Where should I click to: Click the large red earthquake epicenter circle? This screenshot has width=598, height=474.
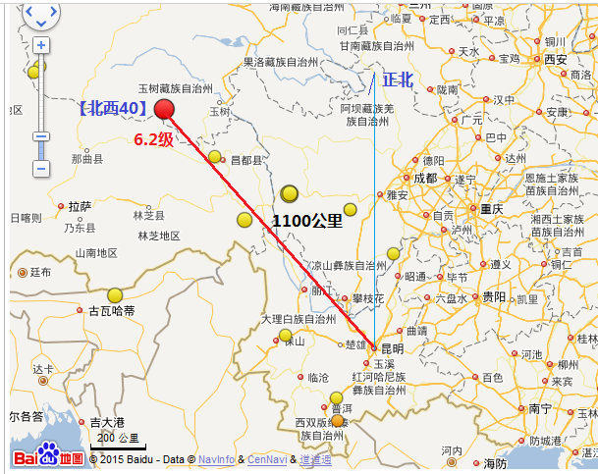tap(164, 109)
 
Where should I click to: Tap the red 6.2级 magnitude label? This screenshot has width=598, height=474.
tap(153, 140)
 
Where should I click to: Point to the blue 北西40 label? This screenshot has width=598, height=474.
tap(114, 108)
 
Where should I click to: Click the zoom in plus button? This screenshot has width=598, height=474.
tap(41, 45)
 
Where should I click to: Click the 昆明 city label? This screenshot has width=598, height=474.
tap(390, 348)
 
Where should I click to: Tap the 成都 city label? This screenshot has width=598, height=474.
tap(425, 179)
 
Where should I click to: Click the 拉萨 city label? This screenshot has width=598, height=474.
tap(81, 206)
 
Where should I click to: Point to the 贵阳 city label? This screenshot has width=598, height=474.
tap(494, 296)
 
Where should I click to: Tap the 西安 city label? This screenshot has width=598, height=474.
tap(555, 60)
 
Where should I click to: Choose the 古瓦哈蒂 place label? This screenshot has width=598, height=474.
tap(111, 311)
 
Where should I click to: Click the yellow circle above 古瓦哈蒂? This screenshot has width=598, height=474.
tap(115, 294)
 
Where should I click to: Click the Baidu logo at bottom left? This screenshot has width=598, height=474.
tap(48, 457)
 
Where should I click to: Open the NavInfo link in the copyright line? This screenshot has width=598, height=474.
tap(216, 458)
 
